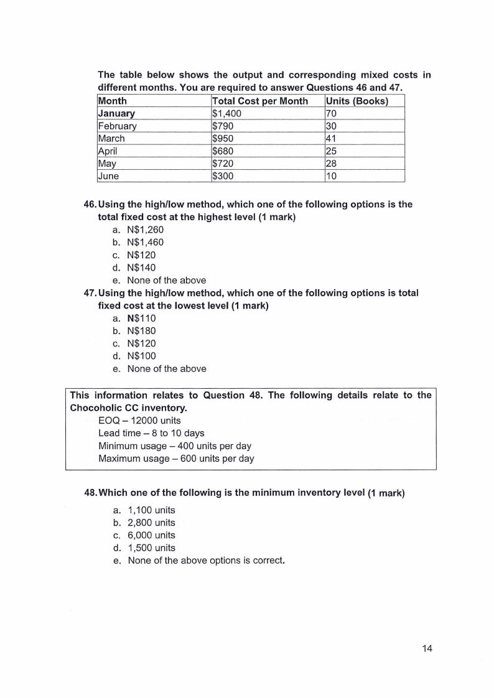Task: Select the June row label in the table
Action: tap(109, 176)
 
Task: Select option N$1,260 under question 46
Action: tap(145, 230)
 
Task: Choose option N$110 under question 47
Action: tap(141, 318)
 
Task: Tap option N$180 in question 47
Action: tap(141, 331)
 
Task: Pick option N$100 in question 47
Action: tap(141, 356)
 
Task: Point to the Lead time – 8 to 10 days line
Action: tap(151, 433)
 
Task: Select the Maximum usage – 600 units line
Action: tap(176, 458)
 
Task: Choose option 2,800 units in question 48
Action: tap(151, 523)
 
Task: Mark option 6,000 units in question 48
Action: tap(151, 535)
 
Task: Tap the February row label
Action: tap(118, 126)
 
